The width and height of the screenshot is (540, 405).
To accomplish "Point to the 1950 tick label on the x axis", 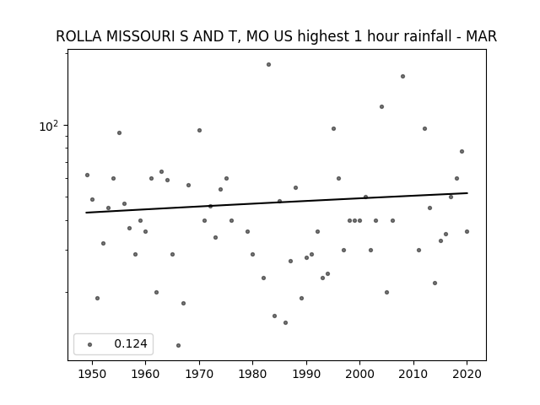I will tap(92, 374).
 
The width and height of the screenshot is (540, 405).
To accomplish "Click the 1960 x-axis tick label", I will tap(145, 374).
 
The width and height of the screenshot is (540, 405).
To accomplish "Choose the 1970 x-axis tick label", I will tap(199, 374).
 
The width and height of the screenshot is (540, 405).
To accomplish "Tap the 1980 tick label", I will tap(252, 374).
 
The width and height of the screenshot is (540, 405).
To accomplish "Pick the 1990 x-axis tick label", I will tap(306, 374).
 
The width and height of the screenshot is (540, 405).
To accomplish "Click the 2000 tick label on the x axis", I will tap(359, 374).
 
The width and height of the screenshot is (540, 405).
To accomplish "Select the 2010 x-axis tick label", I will tap(413, 374).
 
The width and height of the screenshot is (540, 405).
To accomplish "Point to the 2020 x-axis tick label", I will tap(467, 374).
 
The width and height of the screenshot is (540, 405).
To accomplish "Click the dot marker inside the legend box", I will tap(89, 344).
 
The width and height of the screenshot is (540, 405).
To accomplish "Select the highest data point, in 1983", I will tap(268, 64).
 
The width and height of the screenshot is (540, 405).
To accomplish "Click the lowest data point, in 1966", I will tap(178, 345).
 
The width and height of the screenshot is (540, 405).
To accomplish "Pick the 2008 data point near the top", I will tap(402, 76).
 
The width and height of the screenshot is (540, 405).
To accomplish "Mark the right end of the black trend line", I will tap(467, 193).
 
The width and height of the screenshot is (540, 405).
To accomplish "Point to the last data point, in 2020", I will tap(467, 231).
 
